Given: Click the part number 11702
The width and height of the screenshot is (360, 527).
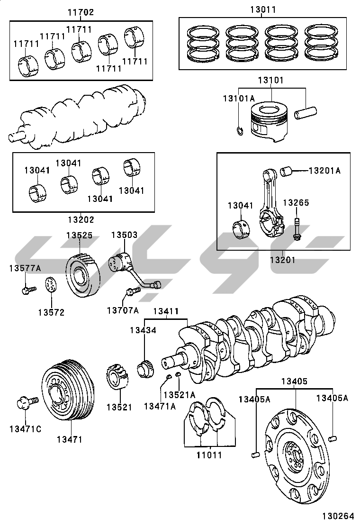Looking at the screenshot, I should coord(80,13).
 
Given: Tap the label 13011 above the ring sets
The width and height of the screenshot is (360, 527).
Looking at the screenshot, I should coord(263,9).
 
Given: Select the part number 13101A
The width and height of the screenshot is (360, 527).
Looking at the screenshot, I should coord(239,98).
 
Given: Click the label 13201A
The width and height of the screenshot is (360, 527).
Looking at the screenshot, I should coord(324,171).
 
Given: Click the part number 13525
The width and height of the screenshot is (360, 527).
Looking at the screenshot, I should coord(79,235).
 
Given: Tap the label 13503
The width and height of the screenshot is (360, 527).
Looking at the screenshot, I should coord(124,235).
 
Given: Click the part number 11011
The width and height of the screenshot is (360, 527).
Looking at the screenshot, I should coord(209,455).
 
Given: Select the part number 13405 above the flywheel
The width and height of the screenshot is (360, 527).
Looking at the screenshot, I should coord(294,381).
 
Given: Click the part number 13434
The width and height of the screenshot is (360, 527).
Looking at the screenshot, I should coord(143,330).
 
